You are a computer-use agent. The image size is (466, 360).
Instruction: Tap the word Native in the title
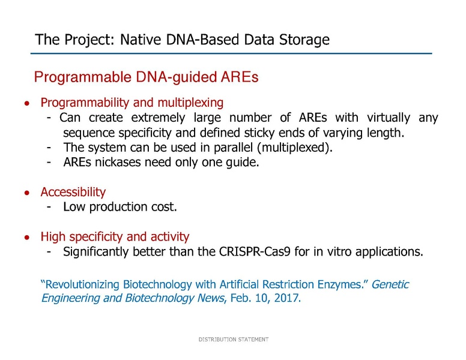[x=141, y=40]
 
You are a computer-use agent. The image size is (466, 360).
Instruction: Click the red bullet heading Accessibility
[x=73, y=192]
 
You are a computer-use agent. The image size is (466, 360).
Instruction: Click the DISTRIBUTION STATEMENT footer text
[x=233, y=340]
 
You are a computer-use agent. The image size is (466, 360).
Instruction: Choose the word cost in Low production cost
[x=165, y=207]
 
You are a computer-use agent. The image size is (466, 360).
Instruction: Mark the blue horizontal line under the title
[x=232, y=54]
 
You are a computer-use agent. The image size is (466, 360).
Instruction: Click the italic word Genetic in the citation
[x=390, y=284]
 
